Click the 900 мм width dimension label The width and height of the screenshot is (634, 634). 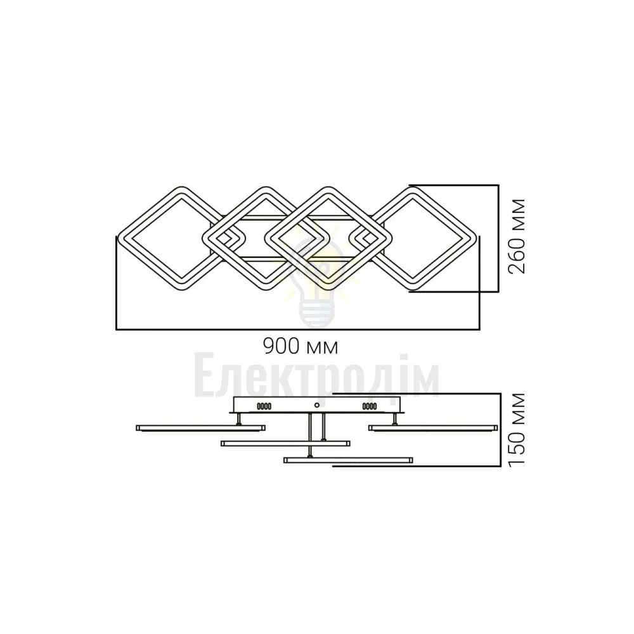(300, 347)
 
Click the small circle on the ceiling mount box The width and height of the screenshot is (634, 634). (317, 405)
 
